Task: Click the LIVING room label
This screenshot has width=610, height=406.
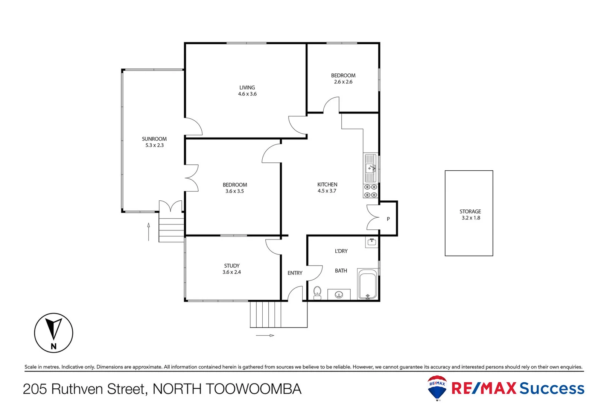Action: pos(247,88)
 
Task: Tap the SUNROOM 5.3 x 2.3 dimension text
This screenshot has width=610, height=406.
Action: pos(154,145)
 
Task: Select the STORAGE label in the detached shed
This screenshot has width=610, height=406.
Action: pos(470,212)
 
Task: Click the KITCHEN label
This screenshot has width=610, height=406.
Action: pos(327,185)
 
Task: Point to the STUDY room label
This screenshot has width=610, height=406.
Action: pos(232,266)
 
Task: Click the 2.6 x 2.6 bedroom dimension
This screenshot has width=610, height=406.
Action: pos(343,82)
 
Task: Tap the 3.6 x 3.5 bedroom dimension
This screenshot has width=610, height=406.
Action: pos(234,191)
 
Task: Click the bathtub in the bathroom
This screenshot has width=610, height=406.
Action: pos(367,284)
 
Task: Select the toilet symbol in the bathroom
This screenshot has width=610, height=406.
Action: pos(317,292)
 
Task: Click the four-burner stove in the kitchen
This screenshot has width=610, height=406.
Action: pos(370,191)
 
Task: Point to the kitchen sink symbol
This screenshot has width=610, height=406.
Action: pos(370,168)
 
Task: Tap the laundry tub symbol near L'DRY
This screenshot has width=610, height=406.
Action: pos(372,242)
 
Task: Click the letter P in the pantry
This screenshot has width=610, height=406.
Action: pos(388,219)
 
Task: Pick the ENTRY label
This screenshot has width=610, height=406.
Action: pos(295,273)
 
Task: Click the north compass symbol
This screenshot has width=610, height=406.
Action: pos(53,333)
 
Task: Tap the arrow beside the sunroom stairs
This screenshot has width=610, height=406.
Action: pos(149,232)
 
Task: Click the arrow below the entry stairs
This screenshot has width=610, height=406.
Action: pos(265,335)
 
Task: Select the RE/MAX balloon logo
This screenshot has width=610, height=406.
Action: pos(437,388)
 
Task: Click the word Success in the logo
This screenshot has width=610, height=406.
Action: pos(552,388)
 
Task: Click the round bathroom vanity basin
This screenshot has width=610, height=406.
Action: pos(339,295)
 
